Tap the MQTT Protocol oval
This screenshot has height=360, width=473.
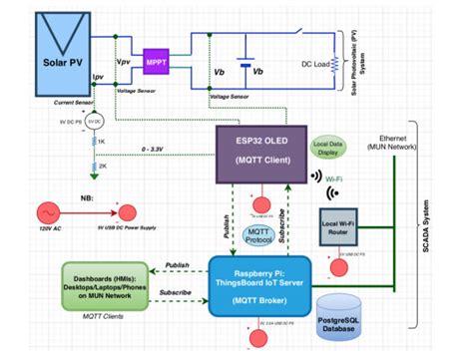(261, 237)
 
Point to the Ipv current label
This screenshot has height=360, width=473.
(99, 76)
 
